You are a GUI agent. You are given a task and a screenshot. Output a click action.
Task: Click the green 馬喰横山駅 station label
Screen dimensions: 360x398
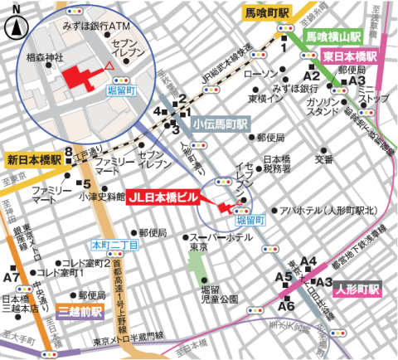(x=332, y=37)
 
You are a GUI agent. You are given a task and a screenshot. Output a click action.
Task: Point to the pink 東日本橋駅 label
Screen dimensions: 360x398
(x=350, y=56)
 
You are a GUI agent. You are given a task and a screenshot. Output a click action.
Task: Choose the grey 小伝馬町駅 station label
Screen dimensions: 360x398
(x=220, y=123)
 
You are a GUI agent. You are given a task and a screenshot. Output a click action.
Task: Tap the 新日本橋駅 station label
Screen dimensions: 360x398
(x=33, y=159)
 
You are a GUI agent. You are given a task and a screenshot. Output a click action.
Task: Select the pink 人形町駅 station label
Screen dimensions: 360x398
(x=357, y=291)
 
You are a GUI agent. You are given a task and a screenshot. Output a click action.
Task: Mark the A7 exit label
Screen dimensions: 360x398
(x=12, y=276)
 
